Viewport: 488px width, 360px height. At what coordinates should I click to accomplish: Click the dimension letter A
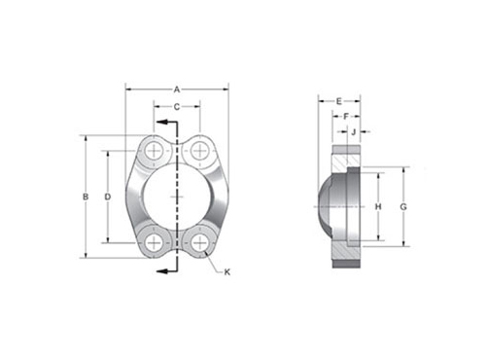(x=177, y=90)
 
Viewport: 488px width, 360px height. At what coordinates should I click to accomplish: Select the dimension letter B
(x=86, y=197)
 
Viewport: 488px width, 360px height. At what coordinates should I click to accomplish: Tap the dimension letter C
(x=177, y=107)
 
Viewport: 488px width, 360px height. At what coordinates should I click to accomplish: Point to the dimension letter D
(x=108, y=197)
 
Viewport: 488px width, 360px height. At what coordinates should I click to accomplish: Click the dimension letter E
(x=339, y=101)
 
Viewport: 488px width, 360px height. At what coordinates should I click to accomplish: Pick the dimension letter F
(x=346, y=117)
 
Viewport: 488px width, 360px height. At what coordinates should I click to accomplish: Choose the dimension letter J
(x=354, y=131)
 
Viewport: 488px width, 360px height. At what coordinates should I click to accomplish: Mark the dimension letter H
(x=378, y=206)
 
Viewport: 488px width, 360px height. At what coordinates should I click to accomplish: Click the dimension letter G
(x=403, y=206)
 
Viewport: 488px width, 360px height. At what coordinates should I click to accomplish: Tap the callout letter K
(x=227, y=272)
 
